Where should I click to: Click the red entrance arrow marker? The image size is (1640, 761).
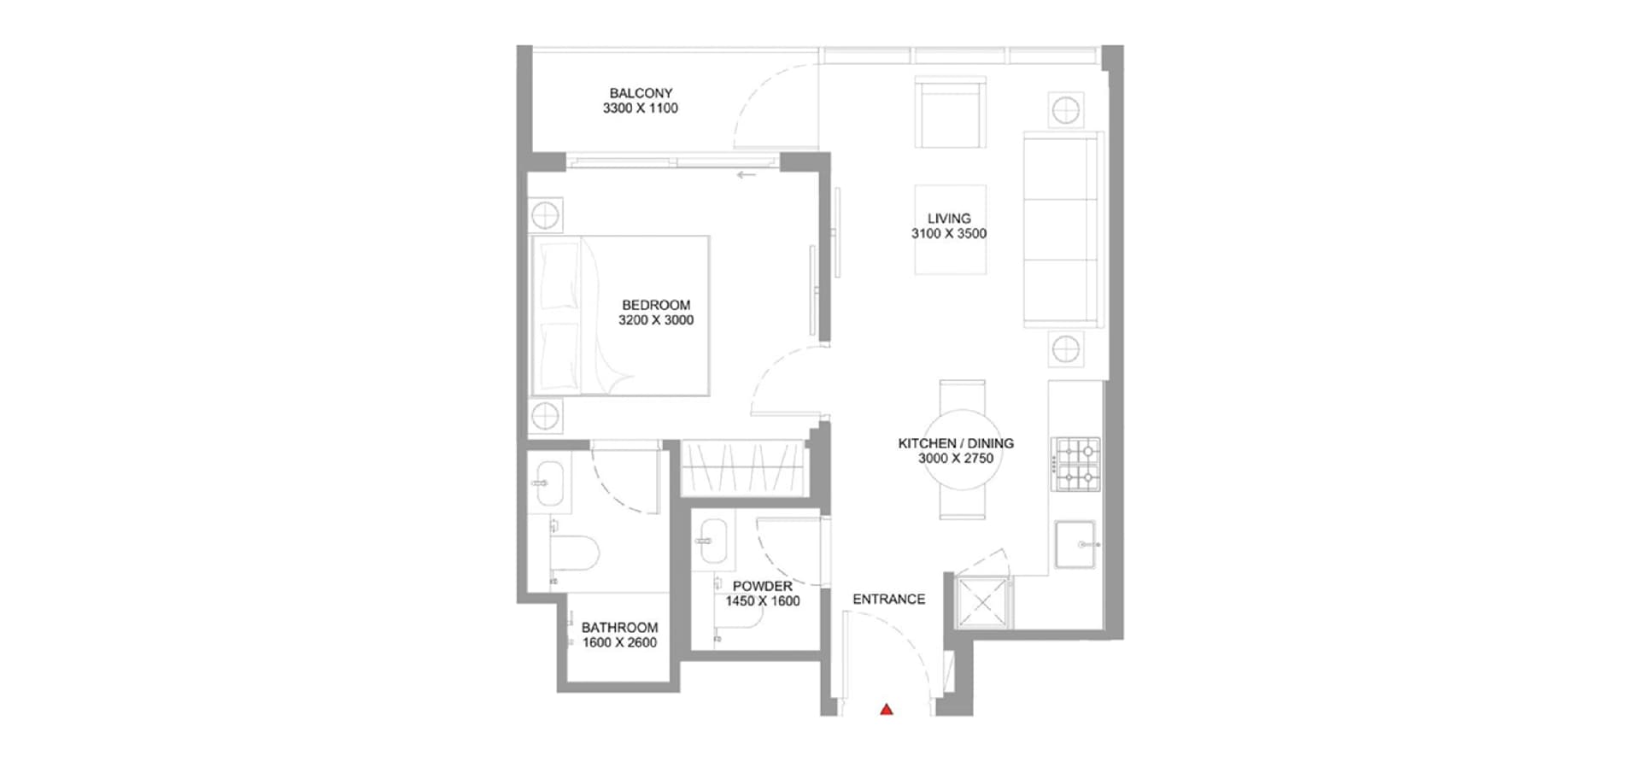[887, 708]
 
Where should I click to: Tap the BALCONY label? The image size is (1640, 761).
[641, 93]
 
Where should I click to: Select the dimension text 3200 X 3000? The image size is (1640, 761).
[656, 320]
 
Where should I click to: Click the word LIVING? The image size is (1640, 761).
[949, 219]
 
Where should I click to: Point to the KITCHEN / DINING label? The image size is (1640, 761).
[956, 443]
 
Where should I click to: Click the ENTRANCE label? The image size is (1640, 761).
[888, 600]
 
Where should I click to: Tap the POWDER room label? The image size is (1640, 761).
[763, 587]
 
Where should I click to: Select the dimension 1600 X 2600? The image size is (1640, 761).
[619, 643]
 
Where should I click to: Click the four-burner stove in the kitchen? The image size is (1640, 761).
[1076, 465]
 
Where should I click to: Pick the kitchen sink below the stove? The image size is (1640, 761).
[1076, 544]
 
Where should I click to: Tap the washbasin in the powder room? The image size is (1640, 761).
[713, 541]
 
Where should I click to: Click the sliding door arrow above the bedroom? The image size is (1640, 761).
[747, 176]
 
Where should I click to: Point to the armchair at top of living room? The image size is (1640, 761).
[950, 112]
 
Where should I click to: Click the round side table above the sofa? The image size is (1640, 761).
[1065, 110]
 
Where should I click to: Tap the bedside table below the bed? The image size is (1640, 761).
[545, 417]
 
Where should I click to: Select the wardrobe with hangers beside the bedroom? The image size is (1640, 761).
[743, 467]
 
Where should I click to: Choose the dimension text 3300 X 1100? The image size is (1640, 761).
[641, 108]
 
